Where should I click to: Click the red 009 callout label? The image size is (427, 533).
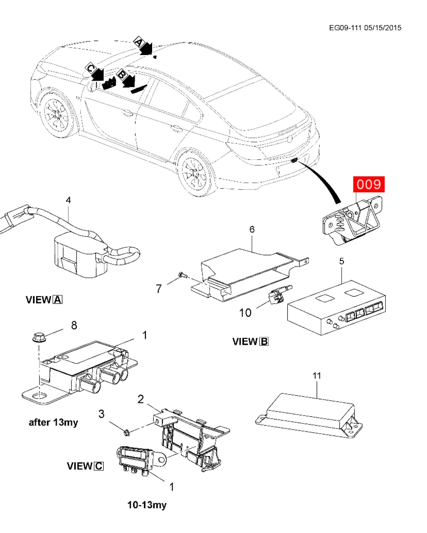coord(368,184)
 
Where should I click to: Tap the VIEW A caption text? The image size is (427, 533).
coord(44,300)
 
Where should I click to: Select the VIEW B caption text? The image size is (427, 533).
coord(250,341)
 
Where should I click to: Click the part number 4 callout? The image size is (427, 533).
coord(68,200)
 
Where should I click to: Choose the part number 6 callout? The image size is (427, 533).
coord(252,229)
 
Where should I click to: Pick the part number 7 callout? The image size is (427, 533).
coord(159,288)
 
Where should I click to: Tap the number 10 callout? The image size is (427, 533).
coord(245,313)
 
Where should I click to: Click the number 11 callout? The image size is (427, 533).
coord(317,376)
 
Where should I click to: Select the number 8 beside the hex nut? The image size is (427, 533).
coord(74,325)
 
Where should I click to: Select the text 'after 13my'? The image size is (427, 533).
coord(53,423)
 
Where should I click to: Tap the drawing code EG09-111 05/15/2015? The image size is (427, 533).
coord(365,28)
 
